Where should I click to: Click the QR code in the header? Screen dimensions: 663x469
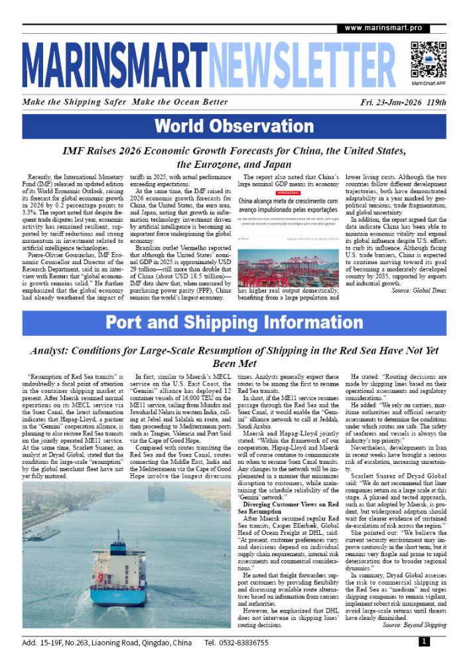(x=428, y=58)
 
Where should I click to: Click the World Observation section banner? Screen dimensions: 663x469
(x=234, y=126)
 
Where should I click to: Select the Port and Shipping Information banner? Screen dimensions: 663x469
(x=234, y=323)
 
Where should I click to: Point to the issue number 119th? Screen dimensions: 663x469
(x=436, y=102)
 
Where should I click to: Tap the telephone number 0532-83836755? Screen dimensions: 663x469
(x=246, y=643)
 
